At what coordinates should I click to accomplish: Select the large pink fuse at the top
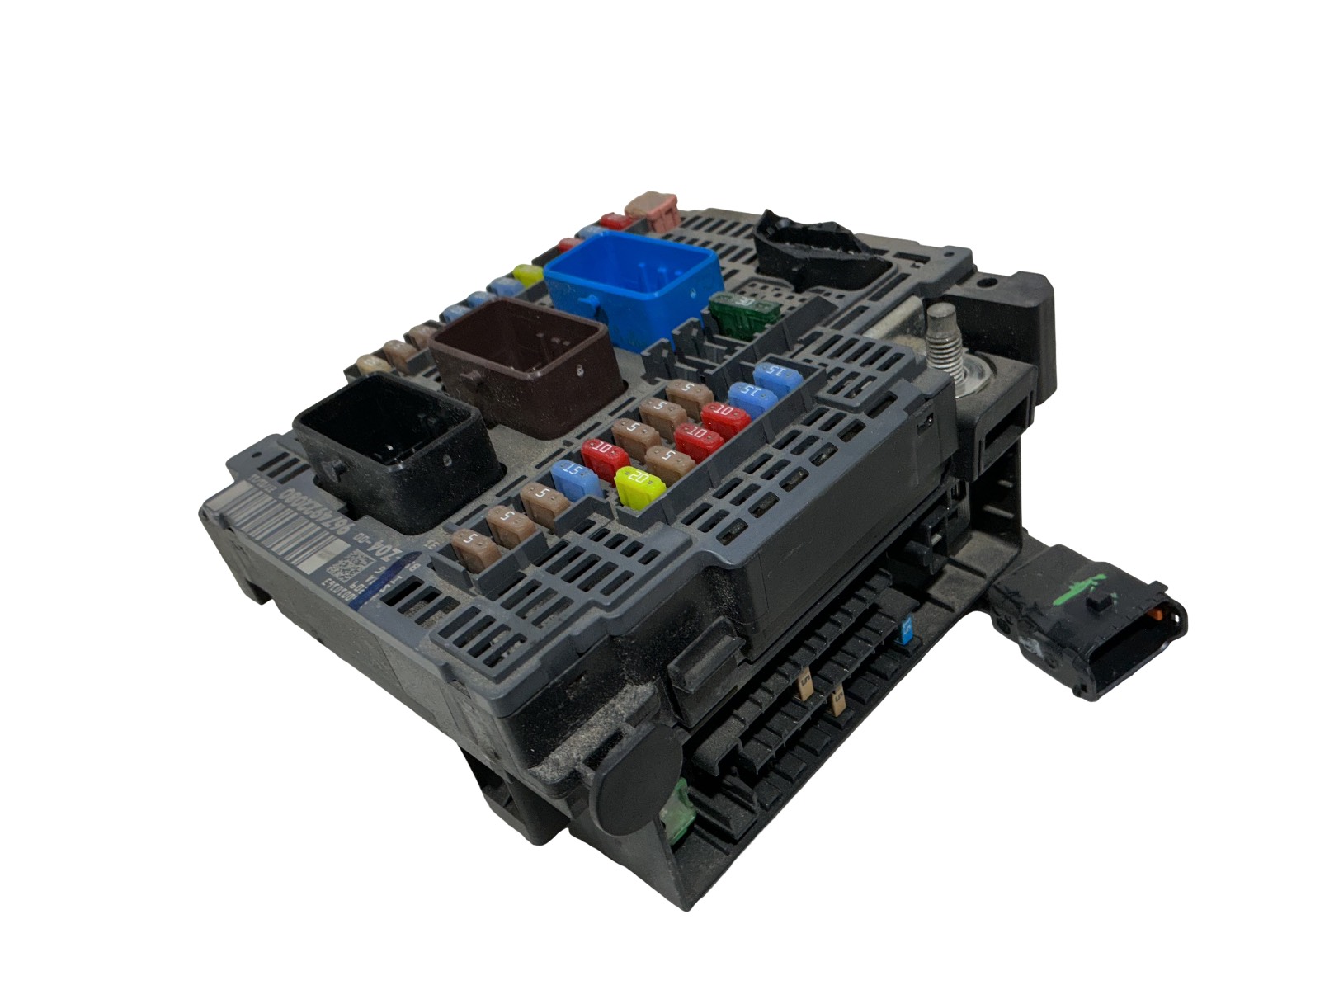pyautogui.click(x=652, y=206)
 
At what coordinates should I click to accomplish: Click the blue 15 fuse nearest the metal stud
pyautogui.click(x=774, y=375)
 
